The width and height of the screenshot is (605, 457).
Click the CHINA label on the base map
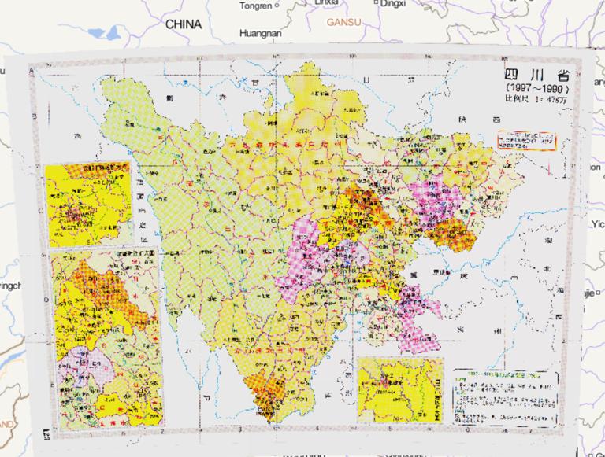point(183,24)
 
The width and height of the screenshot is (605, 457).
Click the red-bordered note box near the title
point(526,140)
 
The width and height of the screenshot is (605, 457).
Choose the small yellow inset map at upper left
point(87,205)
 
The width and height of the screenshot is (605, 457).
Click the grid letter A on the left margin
point(32,72)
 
